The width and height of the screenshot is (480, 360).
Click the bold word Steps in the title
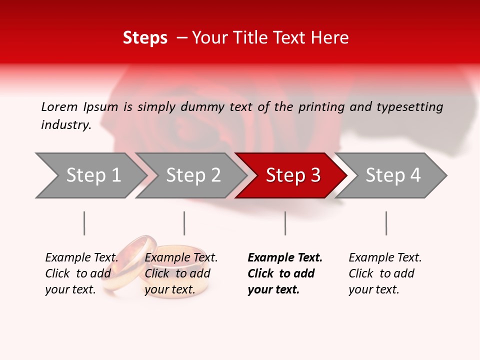tap(145, 38)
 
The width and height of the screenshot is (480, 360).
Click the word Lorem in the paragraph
tap(59, 106)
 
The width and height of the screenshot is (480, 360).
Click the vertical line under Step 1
tap(84, 223)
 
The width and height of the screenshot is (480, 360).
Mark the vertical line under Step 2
tap(184, 223)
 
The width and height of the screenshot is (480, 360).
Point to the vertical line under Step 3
tap(285, 223)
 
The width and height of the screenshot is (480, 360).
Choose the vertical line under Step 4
tap(386, 223)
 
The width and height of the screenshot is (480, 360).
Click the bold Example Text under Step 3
tap(285, 257)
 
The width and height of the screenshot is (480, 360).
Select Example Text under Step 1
tap(81, 257)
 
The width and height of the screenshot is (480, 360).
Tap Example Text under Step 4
tap(385, 257)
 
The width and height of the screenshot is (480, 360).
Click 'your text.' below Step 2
tap(169, 289)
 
